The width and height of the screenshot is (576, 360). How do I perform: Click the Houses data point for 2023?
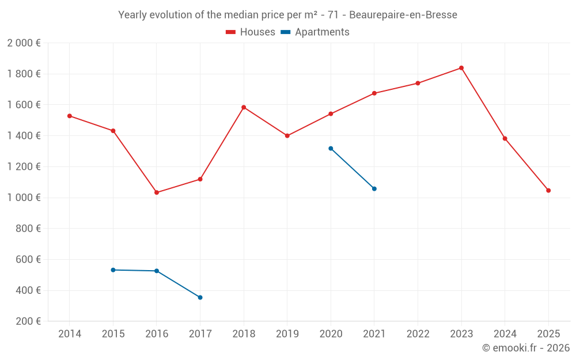point(461,68)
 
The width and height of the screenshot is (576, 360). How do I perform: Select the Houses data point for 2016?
point(157,192)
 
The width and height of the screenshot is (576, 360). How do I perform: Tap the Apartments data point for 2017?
point(200,297)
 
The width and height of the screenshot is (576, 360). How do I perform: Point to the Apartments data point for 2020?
point(331,149)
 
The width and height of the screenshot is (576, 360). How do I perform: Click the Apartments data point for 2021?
point(374,189)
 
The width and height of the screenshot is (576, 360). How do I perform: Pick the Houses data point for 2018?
point(244,107)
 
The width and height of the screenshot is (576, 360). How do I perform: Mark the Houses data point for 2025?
point(548,191)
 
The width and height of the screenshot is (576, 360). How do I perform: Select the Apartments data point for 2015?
point(113,270)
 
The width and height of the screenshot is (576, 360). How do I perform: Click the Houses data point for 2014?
point(70,116)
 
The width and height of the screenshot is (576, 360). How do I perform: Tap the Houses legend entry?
point(251,32)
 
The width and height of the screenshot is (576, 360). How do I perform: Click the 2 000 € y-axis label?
point(24,43)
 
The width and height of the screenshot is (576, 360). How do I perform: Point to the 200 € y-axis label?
point(27,321)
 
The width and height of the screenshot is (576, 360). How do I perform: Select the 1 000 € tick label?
point(24,198)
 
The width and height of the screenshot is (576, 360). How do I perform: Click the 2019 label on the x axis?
point(287,334)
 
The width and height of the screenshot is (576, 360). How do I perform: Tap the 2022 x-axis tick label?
point(418,334)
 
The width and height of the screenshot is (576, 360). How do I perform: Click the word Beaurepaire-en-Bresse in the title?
point(403,15)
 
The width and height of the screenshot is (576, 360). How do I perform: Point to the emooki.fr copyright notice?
point(525,348)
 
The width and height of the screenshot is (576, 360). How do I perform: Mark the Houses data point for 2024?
point(505,138)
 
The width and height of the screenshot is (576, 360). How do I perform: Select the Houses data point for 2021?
point(374,93)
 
